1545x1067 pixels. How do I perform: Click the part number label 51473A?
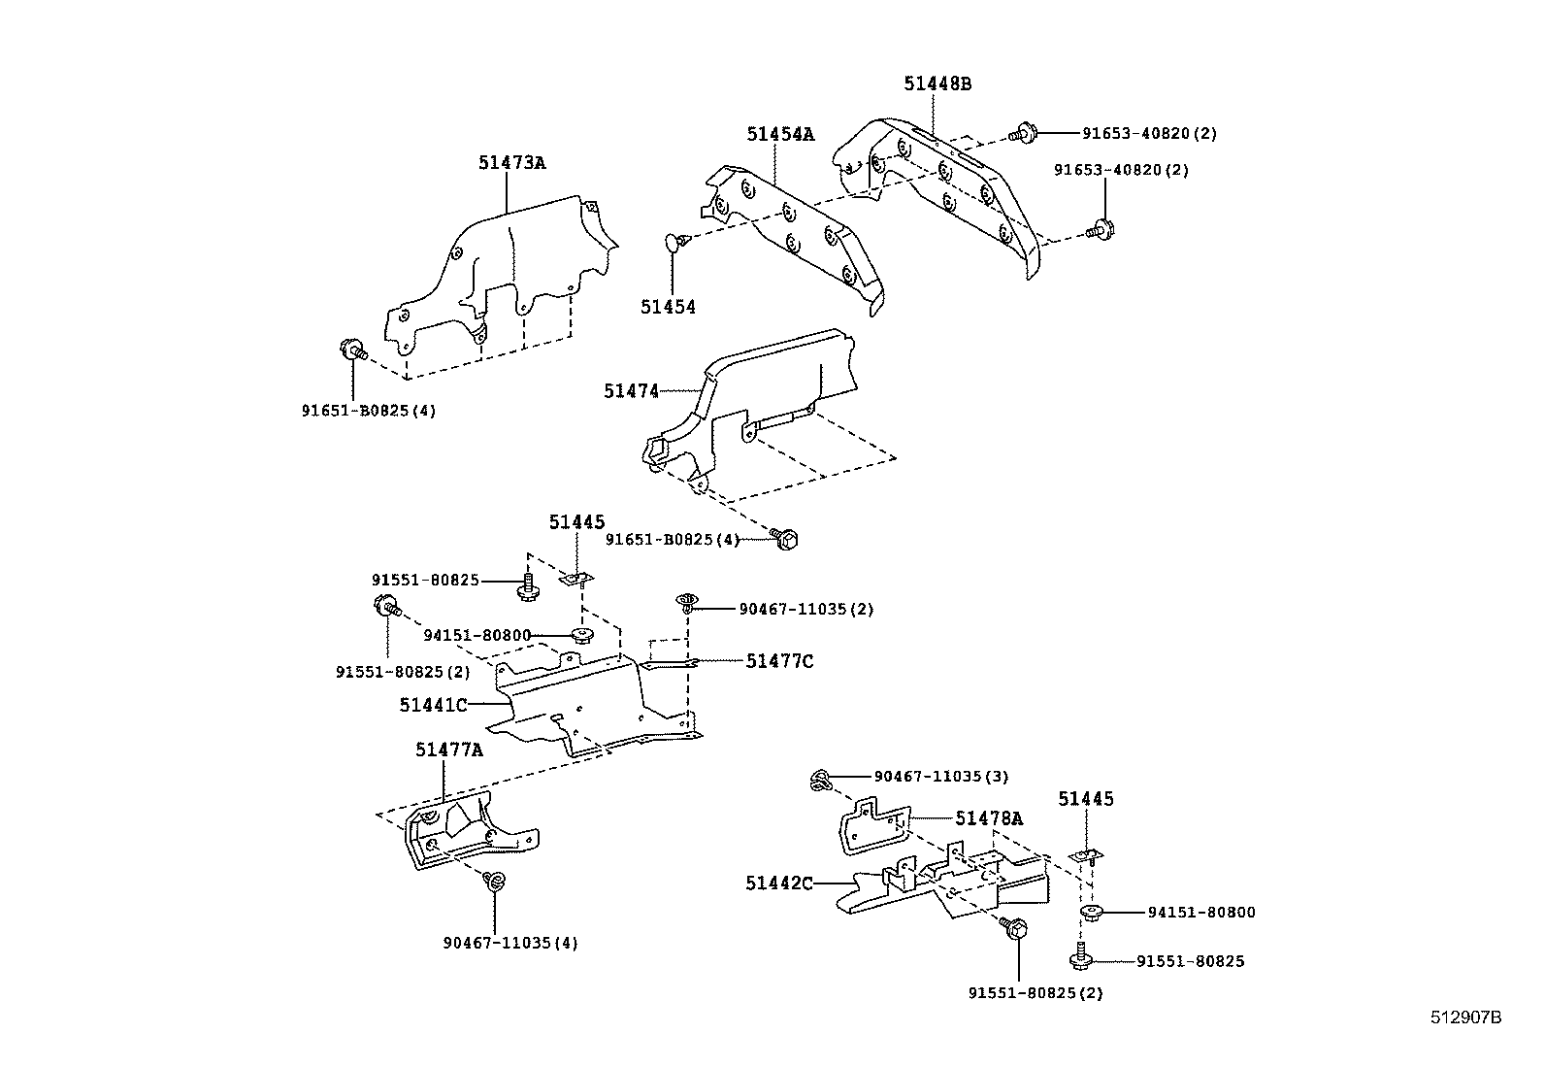510,163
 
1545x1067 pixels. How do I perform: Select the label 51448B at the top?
937,83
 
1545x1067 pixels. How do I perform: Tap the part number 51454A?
779,135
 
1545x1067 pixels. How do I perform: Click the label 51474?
631,391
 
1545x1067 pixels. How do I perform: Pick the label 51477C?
779,661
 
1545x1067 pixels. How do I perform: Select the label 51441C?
433,705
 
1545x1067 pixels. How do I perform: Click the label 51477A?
448,750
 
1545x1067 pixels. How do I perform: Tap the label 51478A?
988,818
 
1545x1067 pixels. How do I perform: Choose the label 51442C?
779,884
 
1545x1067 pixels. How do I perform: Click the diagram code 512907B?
1465,1017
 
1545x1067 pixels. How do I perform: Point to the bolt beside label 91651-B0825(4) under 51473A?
352,350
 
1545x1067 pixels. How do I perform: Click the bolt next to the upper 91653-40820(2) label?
1024,132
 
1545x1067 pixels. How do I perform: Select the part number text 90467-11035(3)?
940,777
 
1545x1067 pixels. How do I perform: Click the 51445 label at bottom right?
1085,799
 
